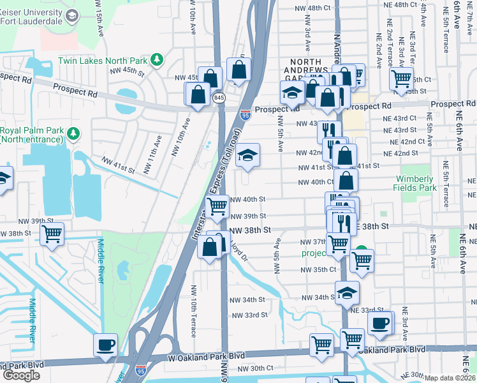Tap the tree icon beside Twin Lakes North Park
(157, 61)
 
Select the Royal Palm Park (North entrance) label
(32, 134)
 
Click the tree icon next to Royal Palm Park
(74, 133)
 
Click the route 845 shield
(219, 98)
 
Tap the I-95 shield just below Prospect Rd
(246, 115)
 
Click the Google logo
(21, 375)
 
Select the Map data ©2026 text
(450, 378)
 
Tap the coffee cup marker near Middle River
(105, 345)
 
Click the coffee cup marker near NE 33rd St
(380, 323)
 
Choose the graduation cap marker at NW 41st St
(247, 156)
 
